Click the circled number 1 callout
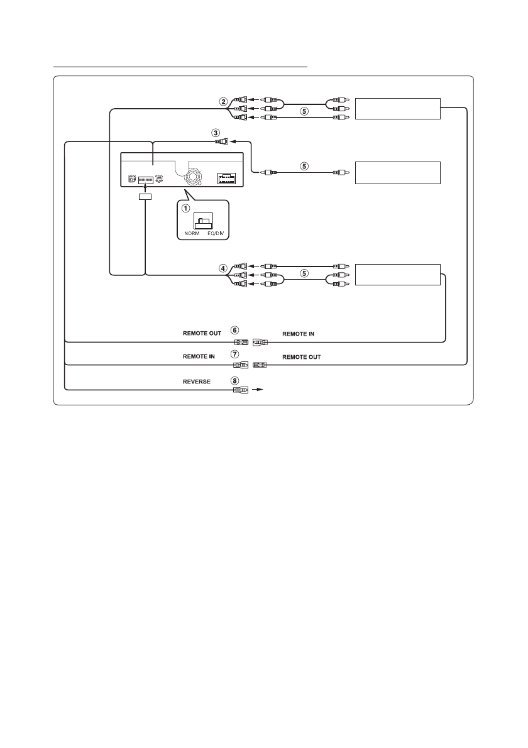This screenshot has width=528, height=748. (186, 209)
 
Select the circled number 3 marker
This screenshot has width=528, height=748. (216, 133)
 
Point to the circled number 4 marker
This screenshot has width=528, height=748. (223, 267)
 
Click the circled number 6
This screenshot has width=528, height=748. (234, 329)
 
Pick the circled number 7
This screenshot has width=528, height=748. (234, 355)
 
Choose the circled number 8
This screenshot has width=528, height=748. (234, 380)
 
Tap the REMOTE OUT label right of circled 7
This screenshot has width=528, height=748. (301, 356)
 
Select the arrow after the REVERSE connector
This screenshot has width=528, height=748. (257, 390)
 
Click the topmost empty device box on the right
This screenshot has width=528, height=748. (397, 109)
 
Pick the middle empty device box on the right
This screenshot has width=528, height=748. (397, 172)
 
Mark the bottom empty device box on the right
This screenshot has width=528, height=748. (397, 275)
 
